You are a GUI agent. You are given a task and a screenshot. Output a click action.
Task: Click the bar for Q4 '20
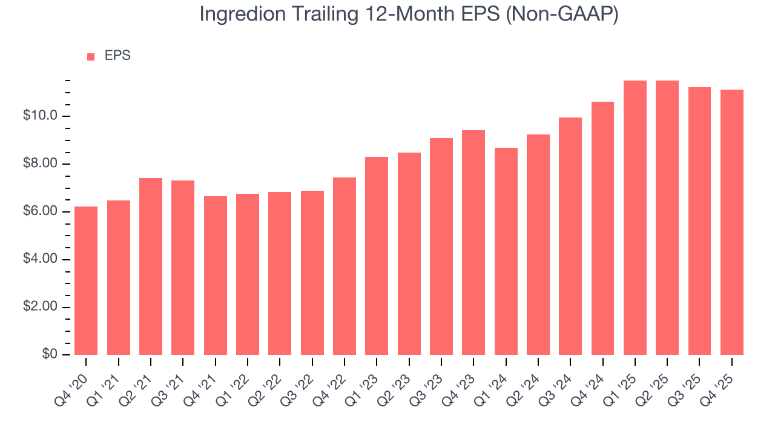pyautogui.click(x=86, y=280)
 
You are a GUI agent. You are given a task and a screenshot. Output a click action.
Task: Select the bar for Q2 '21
pyautogui.click(x=151, y=266)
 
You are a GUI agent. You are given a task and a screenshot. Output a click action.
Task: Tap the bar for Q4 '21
pyautogui.click(x=216, y=276)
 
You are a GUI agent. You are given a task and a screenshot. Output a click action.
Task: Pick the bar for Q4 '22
pyautogui.click(x=345, y=266)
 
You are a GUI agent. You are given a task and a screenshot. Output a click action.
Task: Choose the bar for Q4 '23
pyautogui.click(x=473, y=242)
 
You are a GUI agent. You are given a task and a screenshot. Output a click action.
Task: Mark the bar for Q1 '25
pyautogui.click(x=635, y=217)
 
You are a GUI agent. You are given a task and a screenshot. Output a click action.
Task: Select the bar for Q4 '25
pyautogui.click(x=732, y=222)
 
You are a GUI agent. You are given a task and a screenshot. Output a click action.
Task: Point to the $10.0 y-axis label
pyautogui.click(x=40, y=116)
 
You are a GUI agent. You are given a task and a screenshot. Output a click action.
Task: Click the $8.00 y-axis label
pyautogui.click(x=40, y=164)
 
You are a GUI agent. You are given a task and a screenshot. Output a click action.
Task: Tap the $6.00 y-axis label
pyautogui.click(x=40, y=212)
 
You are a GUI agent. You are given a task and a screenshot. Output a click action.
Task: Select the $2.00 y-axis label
pyautogui.click(x=40, y=307)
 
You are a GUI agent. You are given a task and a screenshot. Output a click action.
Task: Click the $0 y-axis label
pyautogui.click(x=50, y=355)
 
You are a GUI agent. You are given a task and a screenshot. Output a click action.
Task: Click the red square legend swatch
pyautogui.click(x=91, y=57)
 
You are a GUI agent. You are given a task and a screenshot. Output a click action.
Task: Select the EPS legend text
pyautogui.click(x=117, y=56)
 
